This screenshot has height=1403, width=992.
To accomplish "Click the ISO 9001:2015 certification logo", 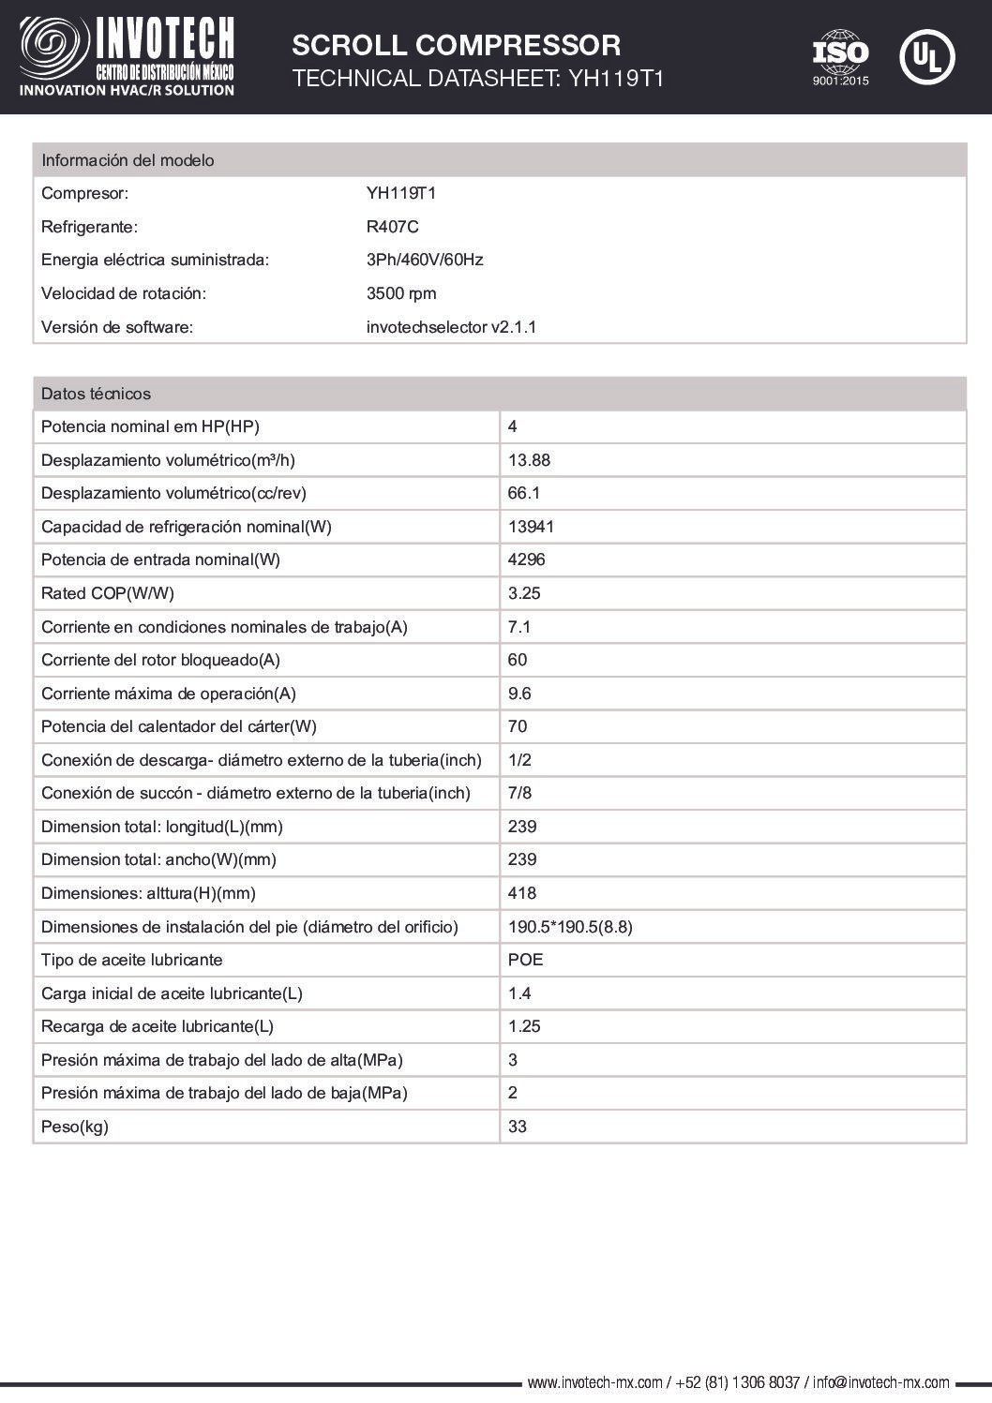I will pyautogui.click(x=840, y=57).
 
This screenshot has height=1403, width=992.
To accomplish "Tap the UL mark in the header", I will pyautogui.click(x=926, y=56).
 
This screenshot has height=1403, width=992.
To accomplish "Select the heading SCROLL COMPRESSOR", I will pyautogui.click(x=456, y=45).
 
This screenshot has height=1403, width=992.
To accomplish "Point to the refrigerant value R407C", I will pyautogui.click(x=392, y=227).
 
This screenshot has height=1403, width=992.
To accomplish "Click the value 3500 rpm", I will pyautogui.click(x=401, y=293).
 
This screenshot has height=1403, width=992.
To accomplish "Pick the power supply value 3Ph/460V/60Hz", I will pyautogui.click(x=425, y=260).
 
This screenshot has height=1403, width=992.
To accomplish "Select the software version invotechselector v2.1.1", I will pyautogui.click(x=451, y=327).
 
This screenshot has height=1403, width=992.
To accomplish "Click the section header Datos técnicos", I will pyautogui.click(x=96, y=394).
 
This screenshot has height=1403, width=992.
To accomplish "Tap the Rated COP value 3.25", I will pyautogui.click(x=524, y=593).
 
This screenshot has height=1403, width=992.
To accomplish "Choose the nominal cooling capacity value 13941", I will pyautogui.click(x=531, y=527).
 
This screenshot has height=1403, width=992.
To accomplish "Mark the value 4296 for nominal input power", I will pyautogui.click(x=526, y=560).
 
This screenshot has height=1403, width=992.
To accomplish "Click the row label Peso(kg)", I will pyautogui.click(x=75, y=1127).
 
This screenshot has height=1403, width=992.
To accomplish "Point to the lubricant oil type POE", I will pyautogui.click(x=525, y=960).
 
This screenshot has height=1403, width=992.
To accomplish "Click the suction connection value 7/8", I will pyautogui.click(x=519, y=793).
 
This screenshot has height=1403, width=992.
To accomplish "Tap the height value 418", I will pyautogui.click(x=522, y=893).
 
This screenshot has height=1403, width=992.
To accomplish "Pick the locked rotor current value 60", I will pyautogui.click(x=518, y=660).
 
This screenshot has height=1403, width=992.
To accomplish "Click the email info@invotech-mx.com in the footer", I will pyautogui.click(x=881, y=1382).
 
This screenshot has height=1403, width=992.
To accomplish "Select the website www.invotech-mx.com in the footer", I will pyautogui.click(x=595, y=1382).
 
